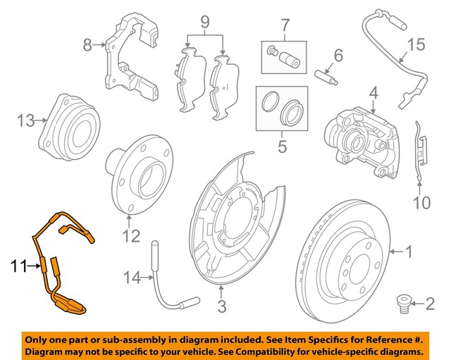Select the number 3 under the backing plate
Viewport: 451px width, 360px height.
[x=221, y=306]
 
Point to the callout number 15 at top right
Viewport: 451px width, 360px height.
[x=417, y=46]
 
